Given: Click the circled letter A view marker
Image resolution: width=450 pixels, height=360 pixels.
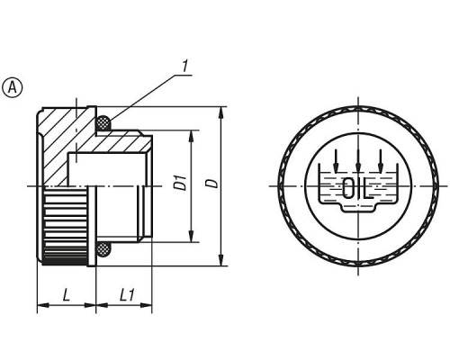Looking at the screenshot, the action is click(13, 87).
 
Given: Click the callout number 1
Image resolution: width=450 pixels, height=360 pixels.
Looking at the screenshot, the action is click(186, 67).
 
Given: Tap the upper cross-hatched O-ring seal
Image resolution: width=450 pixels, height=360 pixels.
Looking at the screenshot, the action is click(103, 122).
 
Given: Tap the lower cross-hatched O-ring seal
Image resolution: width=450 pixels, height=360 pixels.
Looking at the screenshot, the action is click(103, 249).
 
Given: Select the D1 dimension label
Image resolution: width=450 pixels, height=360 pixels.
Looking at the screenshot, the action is click(181, 183).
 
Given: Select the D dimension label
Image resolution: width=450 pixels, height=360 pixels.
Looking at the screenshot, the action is click(212, 184).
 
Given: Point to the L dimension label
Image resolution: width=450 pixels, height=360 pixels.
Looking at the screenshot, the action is click(67, 294).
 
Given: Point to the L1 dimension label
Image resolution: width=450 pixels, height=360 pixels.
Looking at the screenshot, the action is click(127, 294).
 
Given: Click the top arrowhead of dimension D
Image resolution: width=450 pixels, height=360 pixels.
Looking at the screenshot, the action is click(220, 112).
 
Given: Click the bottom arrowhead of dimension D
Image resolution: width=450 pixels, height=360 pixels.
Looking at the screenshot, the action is click(220, 260).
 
